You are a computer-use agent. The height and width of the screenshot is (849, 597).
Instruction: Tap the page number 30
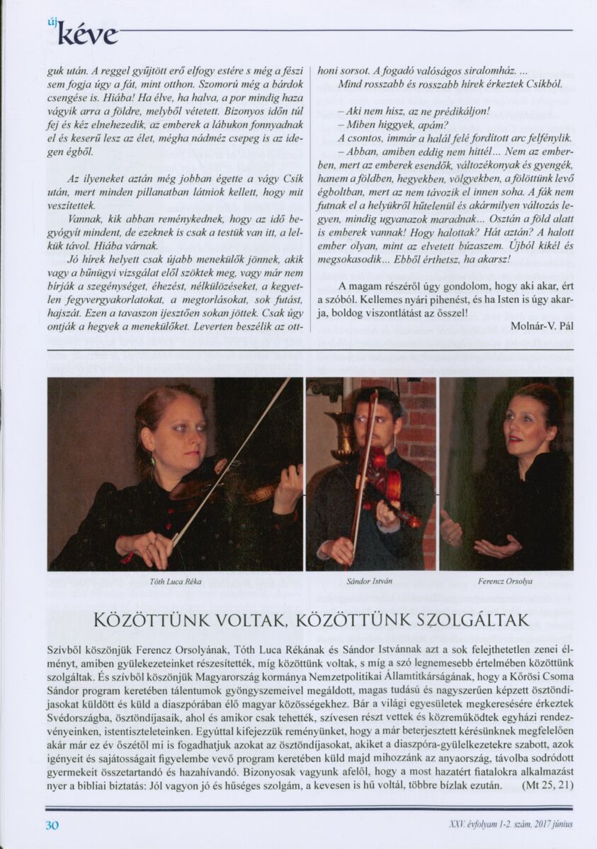tap(52, 825)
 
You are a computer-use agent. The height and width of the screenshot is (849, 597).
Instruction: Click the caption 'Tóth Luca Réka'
tap(176, 582)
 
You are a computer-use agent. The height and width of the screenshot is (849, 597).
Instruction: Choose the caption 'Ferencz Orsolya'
tap(506, 582)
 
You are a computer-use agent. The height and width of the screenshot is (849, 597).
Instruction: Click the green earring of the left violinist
tap(152, 461)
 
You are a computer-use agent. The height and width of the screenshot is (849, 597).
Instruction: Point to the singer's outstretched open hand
tap(496, 545)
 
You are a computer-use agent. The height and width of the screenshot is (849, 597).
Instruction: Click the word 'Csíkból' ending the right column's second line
tap(541, 84)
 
